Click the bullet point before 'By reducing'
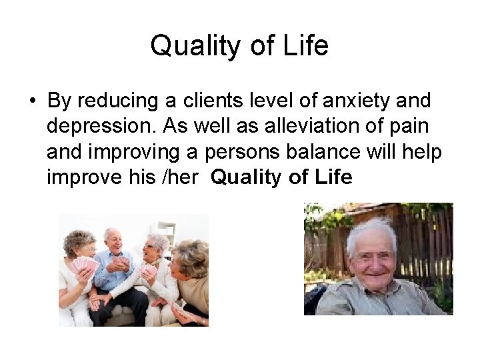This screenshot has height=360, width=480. tap(32, 101)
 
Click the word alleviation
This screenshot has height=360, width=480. tap(299, 127)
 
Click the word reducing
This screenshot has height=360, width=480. tap(119, 101)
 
